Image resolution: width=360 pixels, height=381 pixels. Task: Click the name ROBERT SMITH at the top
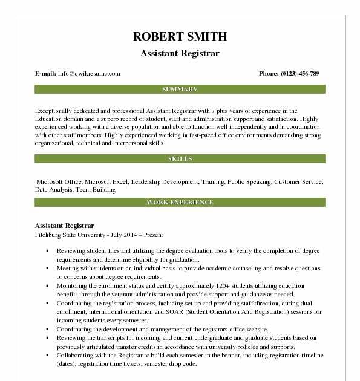pos(180,36)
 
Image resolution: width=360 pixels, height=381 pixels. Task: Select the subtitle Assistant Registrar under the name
pos(180,53)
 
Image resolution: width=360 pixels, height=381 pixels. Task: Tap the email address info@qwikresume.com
pos(89,74)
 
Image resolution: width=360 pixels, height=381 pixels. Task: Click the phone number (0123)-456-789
pos(299,74)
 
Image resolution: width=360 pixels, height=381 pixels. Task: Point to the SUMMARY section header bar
pos(180,90)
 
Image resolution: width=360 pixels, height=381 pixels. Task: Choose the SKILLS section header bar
pos(180,159)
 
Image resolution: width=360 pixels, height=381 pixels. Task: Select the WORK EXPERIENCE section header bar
pos(180,203)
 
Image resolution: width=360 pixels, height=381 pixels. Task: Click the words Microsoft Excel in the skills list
pos(106,181)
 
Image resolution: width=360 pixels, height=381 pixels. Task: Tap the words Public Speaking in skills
pos(249,181)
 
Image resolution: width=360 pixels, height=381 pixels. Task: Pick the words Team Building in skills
pos(96,189)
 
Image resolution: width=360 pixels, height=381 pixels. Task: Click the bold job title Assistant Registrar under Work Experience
pos(65,226)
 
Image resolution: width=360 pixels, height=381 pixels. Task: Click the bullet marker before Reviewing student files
pos(47,250)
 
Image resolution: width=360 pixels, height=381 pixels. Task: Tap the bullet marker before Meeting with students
pos(47,268)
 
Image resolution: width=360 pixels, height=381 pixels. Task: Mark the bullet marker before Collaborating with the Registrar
pos(47,356)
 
